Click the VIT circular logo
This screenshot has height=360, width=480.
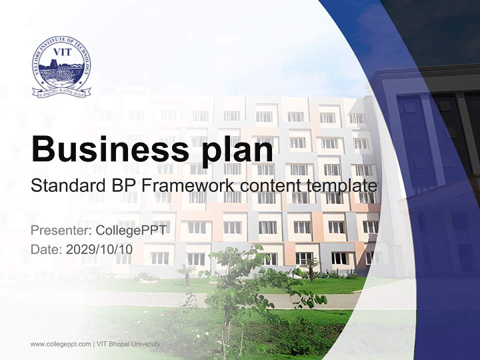click(61, 67)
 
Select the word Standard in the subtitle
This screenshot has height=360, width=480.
click(64, 186)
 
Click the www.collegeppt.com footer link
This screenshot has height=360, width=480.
click(60, 344)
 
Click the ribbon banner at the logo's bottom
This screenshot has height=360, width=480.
click(61, 92)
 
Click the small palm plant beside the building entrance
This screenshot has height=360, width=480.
click(313, 267)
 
